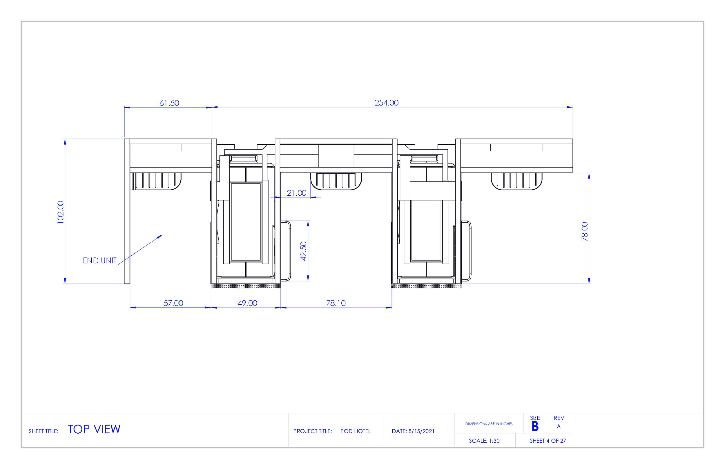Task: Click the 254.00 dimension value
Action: [386, 103]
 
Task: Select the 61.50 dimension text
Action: [169, 103]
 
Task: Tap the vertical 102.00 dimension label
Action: [61, 212]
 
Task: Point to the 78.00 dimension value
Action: [584, 231]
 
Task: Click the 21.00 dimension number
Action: [296, 193]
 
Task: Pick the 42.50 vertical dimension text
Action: [303, 251]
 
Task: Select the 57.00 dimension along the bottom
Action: [173, 303]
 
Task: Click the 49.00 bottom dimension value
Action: [247, 303]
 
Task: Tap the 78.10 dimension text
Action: [336, 303]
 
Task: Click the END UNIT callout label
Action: [99, 260]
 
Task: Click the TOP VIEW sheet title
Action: [94, 429]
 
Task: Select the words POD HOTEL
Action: [355, 431]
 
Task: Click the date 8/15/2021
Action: [421, 431]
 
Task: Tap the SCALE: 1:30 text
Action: [484, 441]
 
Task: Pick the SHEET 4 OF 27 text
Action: [548, 441]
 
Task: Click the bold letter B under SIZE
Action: [535, 426]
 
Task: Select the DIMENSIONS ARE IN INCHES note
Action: [489, 423]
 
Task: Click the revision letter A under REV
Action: [558, 426]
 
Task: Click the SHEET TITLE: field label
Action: [43, 431]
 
